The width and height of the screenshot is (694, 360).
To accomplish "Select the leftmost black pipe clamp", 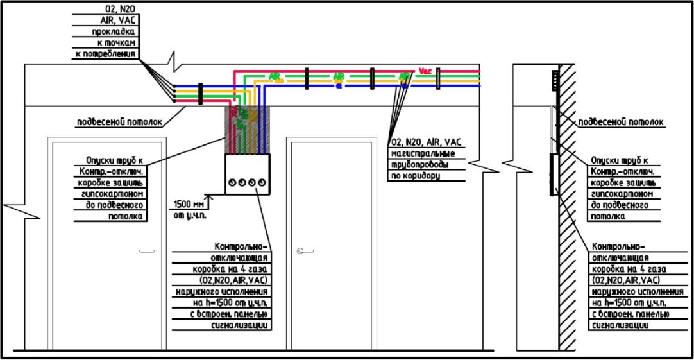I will click(200, 94).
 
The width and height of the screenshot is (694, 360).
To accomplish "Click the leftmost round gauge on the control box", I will click(233, 183).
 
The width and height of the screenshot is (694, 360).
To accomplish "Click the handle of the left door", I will click(147, 250).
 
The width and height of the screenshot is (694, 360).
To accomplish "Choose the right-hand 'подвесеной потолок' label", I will click(621, 122).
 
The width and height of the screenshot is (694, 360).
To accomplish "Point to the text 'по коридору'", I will click(415, 175).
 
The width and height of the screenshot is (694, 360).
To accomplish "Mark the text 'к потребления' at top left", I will click(105, 54).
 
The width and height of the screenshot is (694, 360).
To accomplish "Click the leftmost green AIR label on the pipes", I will click(276, 77).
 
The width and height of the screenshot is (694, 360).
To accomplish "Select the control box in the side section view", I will click(552, 174).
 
